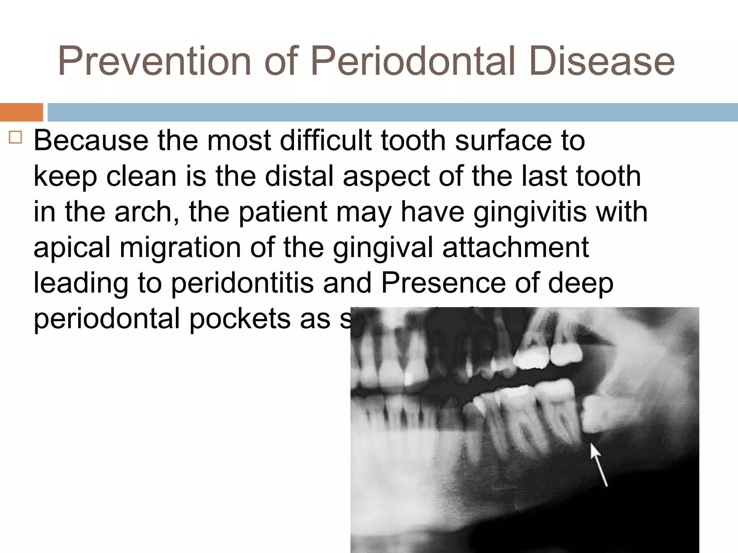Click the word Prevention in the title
point(154,61)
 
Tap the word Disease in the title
point(602,61)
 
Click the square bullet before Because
point(15,137)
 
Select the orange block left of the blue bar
point(21,112)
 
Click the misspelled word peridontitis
point(242,283)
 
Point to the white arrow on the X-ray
point(599,464)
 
